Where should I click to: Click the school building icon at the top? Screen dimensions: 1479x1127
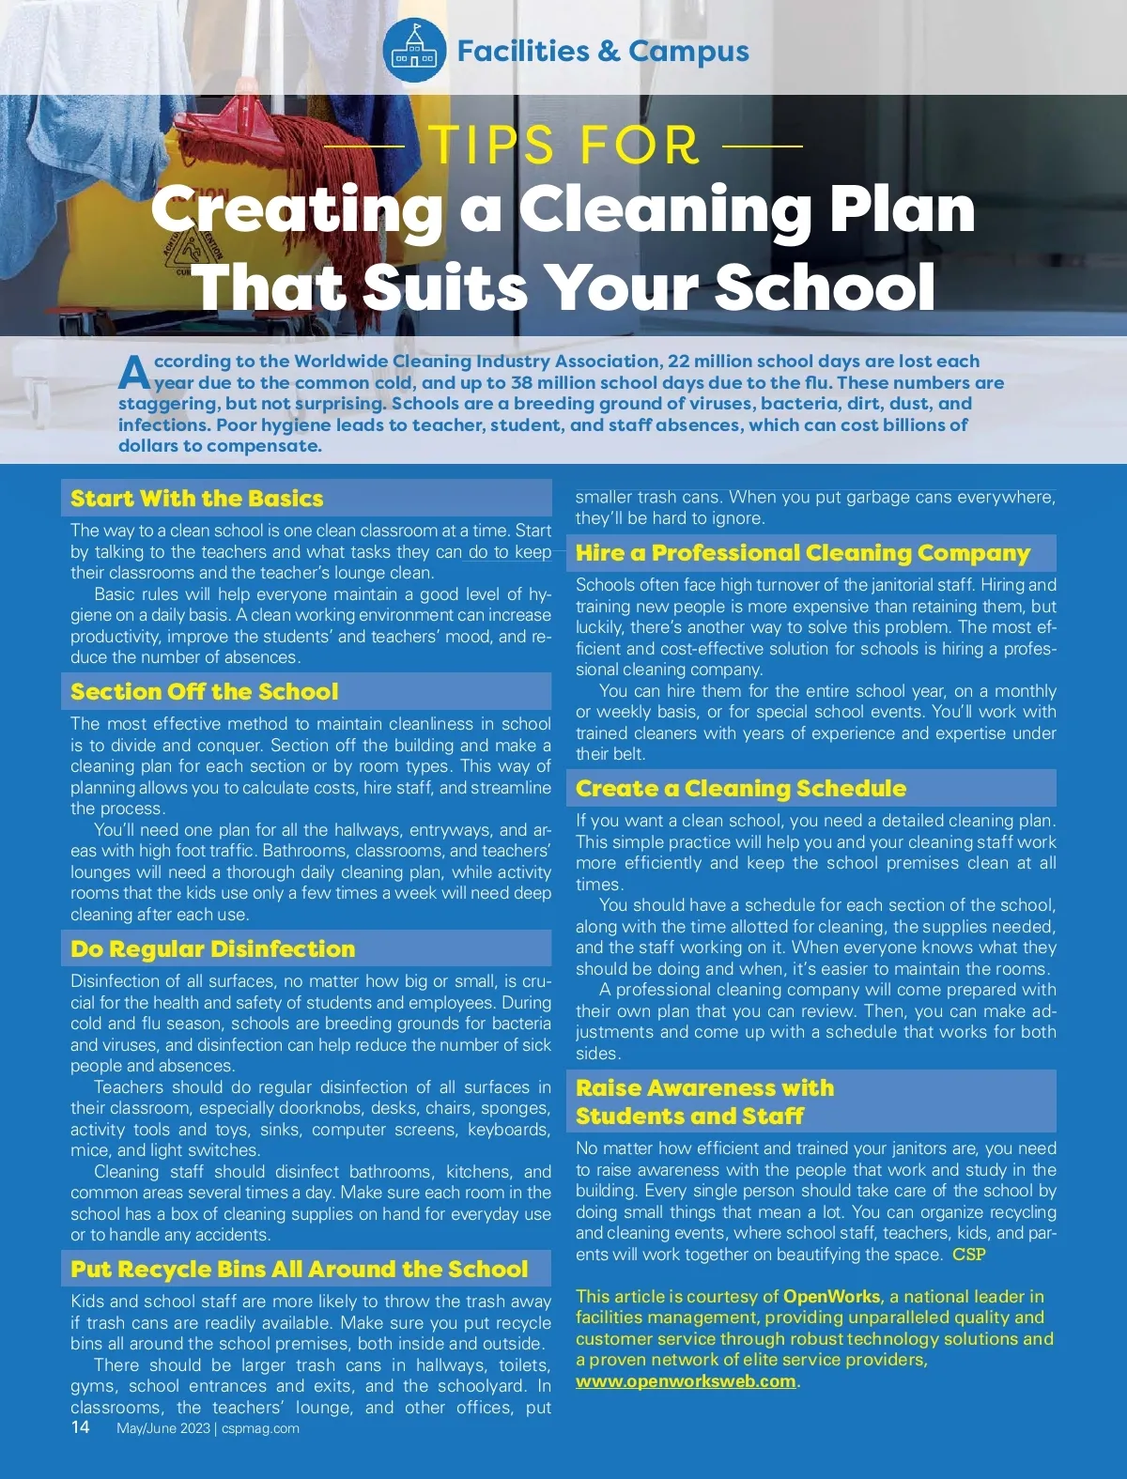[414, 51]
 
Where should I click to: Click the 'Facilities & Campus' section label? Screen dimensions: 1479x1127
[603, 51]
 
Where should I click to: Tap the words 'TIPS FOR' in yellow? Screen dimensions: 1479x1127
[564, 146]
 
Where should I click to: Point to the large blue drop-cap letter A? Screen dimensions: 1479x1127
[133, 373]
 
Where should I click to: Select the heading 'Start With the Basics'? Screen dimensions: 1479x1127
[196, 499]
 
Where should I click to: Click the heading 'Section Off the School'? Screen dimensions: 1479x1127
[204, 692]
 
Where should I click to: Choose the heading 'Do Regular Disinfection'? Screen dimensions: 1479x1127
[212, 949]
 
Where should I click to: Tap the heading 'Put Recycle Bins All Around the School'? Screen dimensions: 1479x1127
[299, 1270]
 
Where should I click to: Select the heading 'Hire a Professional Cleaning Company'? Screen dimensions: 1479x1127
[803, 553]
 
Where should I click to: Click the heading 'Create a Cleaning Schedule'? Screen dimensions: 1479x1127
[741, 789]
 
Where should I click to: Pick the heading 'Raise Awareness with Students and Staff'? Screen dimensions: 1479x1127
[704, 1102]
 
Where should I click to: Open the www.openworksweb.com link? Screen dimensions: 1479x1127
[686, 1381]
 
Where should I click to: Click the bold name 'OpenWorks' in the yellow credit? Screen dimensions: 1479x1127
[831, 1297]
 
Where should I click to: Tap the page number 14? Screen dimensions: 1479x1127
[81, 1427]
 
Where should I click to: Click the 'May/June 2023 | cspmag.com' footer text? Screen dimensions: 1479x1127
[208, 1428]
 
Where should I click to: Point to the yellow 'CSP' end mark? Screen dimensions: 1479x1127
[968, 1255]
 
